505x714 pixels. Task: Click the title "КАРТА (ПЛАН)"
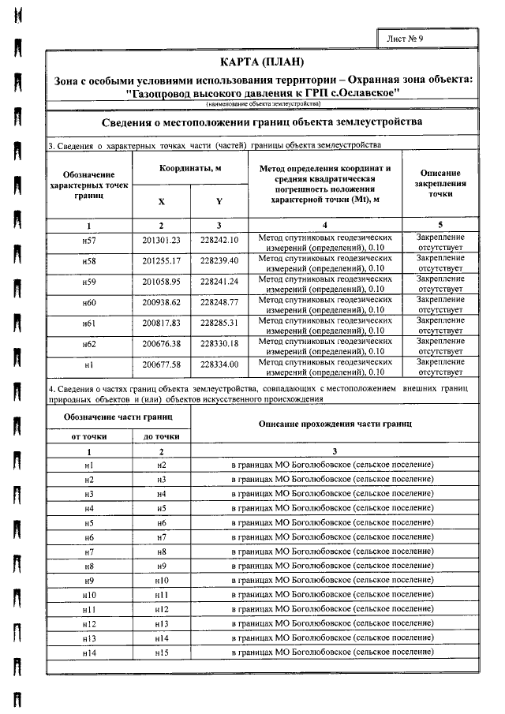coord(263,62)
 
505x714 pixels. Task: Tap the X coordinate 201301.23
coord(161,239)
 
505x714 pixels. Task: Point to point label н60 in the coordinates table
coord(88,301)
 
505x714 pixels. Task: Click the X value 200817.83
coord(161,322)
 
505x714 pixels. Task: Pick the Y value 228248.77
coord(219,301)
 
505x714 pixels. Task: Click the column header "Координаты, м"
coord(189,170)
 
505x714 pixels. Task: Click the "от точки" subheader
coord(88,436)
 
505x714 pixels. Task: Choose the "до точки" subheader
coord(161,436)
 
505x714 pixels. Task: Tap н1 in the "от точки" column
coord(88,465)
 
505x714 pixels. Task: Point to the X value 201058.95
coord(161,281)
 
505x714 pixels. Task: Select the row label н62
coord(88,343)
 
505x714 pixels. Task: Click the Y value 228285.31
coord(219,322)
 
